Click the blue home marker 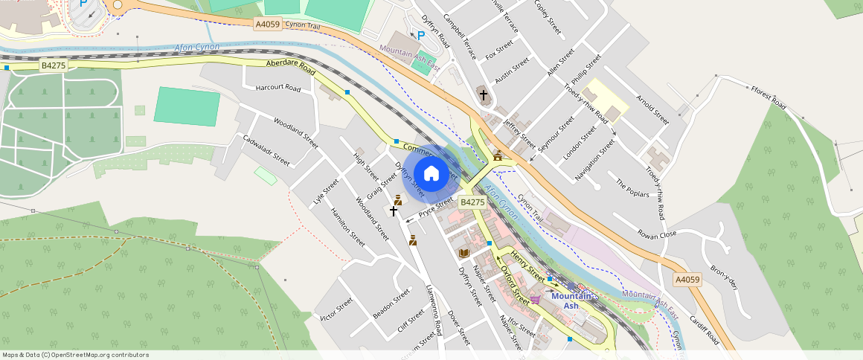pyautogui.click(x=431, y=174)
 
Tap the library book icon pyautogui.click(x=464, y=254)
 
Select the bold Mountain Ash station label pyautogui.click(x=571, y=300)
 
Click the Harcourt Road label pyautogui.click(x=278, y=88)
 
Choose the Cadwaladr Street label pyautogui.click(x=266, y=149)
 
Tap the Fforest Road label pyautogui.click(x=769, y=97)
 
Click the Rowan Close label pyautogui.click(x=657, y=234)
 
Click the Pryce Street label pyautogui.click(x=436, y=208)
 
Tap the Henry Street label pyautogui.click(x=528, y=265)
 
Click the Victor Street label pyautogui.click(x=336, y=309)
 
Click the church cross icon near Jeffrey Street pyautogui.click(x=484, y=94)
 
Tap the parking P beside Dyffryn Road pyautogui.click(x=421, y=35)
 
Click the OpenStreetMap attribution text pyautogui.click(x=75, y=355)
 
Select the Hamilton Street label pyautogui.click(x=347, y=226)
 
